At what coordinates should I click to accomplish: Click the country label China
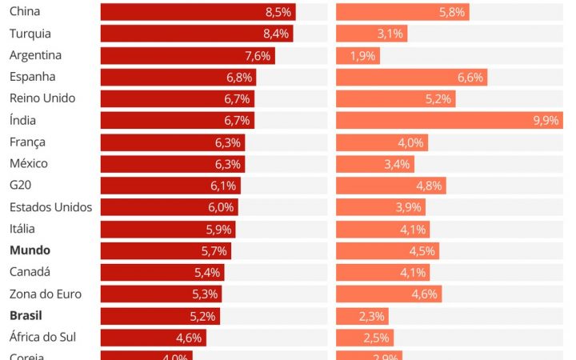click(25, 12)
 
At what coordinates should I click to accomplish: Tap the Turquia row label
click(30, 34)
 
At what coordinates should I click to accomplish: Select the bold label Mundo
click(30, 250)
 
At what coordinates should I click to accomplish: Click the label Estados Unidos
click(50, 207)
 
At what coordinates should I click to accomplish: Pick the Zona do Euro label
click(46, 294)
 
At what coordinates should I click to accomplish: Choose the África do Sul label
click(42, 337)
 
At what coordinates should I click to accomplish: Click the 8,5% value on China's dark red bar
click(278, 12)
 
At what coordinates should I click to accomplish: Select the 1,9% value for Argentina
click(362, 56)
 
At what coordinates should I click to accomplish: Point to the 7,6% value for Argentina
click(258, 56)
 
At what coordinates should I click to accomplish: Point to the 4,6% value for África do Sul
click(189, 338)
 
